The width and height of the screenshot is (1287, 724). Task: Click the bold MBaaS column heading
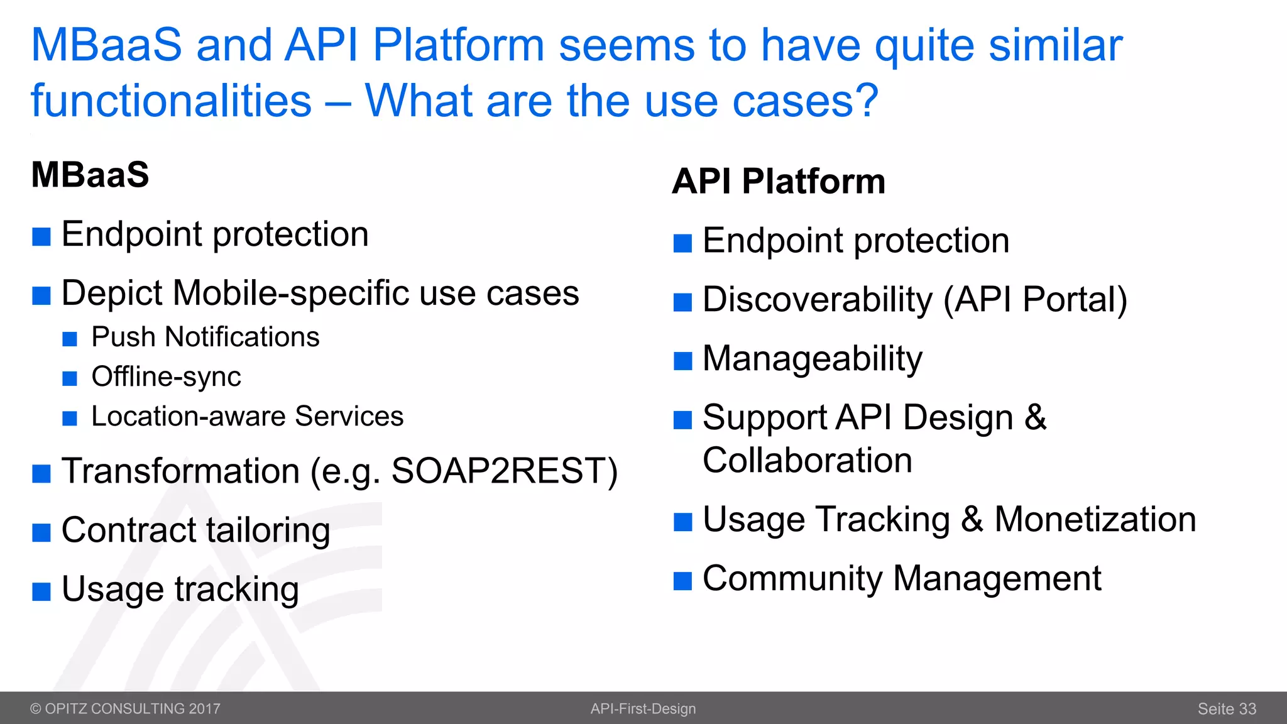coord(90,175)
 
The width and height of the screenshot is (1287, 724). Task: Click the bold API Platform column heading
coord(778,182)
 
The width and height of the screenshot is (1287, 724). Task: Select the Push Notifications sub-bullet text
coord(205,337)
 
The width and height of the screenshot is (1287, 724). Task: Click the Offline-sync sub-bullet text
coord(166,376)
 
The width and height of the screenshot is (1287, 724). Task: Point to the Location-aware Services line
coord(247,416)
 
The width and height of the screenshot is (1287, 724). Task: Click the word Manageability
coord(812,359)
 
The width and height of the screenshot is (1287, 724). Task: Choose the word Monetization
coord(1095,520)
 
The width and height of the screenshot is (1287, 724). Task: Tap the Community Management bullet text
coord(901,578)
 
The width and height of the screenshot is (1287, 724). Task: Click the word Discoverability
coord(817,300)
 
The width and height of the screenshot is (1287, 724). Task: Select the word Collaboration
coord(807,460)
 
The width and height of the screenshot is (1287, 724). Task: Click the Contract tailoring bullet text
coord(195,530)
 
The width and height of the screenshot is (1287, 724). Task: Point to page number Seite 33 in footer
coord(1226,709)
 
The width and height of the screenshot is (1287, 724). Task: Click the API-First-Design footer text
coord(643,709)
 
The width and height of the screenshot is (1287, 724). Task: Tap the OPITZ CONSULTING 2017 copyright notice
coord(125,709)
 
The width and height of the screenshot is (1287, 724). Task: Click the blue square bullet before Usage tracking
coord(41,592)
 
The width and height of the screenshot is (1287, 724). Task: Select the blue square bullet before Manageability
coord(682,361)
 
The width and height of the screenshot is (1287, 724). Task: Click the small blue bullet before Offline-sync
coord(70,378)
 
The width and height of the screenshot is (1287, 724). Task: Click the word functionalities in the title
coord(171,101)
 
